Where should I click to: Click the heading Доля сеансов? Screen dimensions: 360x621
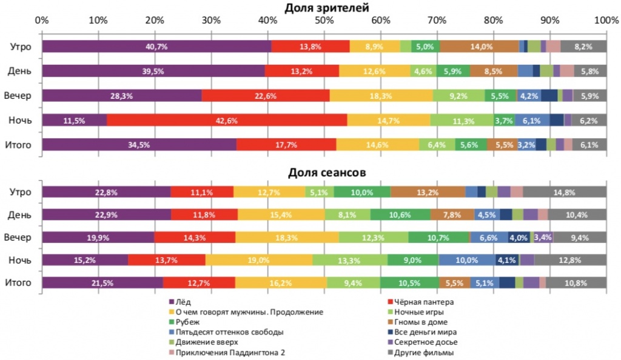326,173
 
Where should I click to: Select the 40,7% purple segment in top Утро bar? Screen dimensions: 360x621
156,47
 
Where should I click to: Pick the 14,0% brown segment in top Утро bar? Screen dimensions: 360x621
479,47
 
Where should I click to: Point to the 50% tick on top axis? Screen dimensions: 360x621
324,20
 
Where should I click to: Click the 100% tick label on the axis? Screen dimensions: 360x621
606,20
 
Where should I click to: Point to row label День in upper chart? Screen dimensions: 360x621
20,71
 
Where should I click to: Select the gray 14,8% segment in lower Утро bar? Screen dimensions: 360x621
565,192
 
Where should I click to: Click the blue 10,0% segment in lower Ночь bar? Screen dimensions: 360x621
466,260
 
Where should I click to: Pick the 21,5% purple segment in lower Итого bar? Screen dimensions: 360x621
102,282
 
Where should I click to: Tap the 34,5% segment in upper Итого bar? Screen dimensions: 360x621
139,145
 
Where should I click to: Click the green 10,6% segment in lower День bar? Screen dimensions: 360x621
400,215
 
